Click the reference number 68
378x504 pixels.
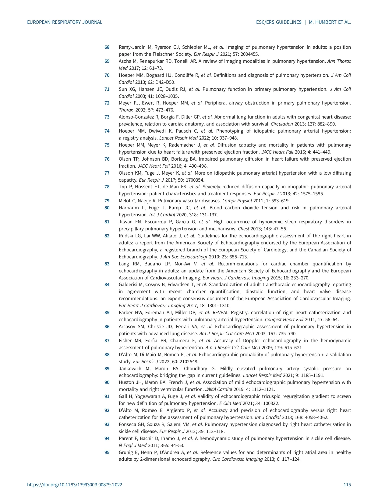(x=107, y=47)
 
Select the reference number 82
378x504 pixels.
(x=107, y=236)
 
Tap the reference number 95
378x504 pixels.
(x=107, y=453)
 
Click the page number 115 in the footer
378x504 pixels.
(x=347, y=485)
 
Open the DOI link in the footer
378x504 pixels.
(x=75, y=485)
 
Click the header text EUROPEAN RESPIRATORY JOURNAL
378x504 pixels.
(x=65, y=22)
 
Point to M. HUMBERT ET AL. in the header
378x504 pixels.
(x=330, y=22)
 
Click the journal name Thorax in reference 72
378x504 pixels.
(x=125, y=110)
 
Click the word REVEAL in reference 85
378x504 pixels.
(x=221, y=313)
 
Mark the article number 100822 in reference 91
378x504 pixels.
(x=270, y=403)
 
